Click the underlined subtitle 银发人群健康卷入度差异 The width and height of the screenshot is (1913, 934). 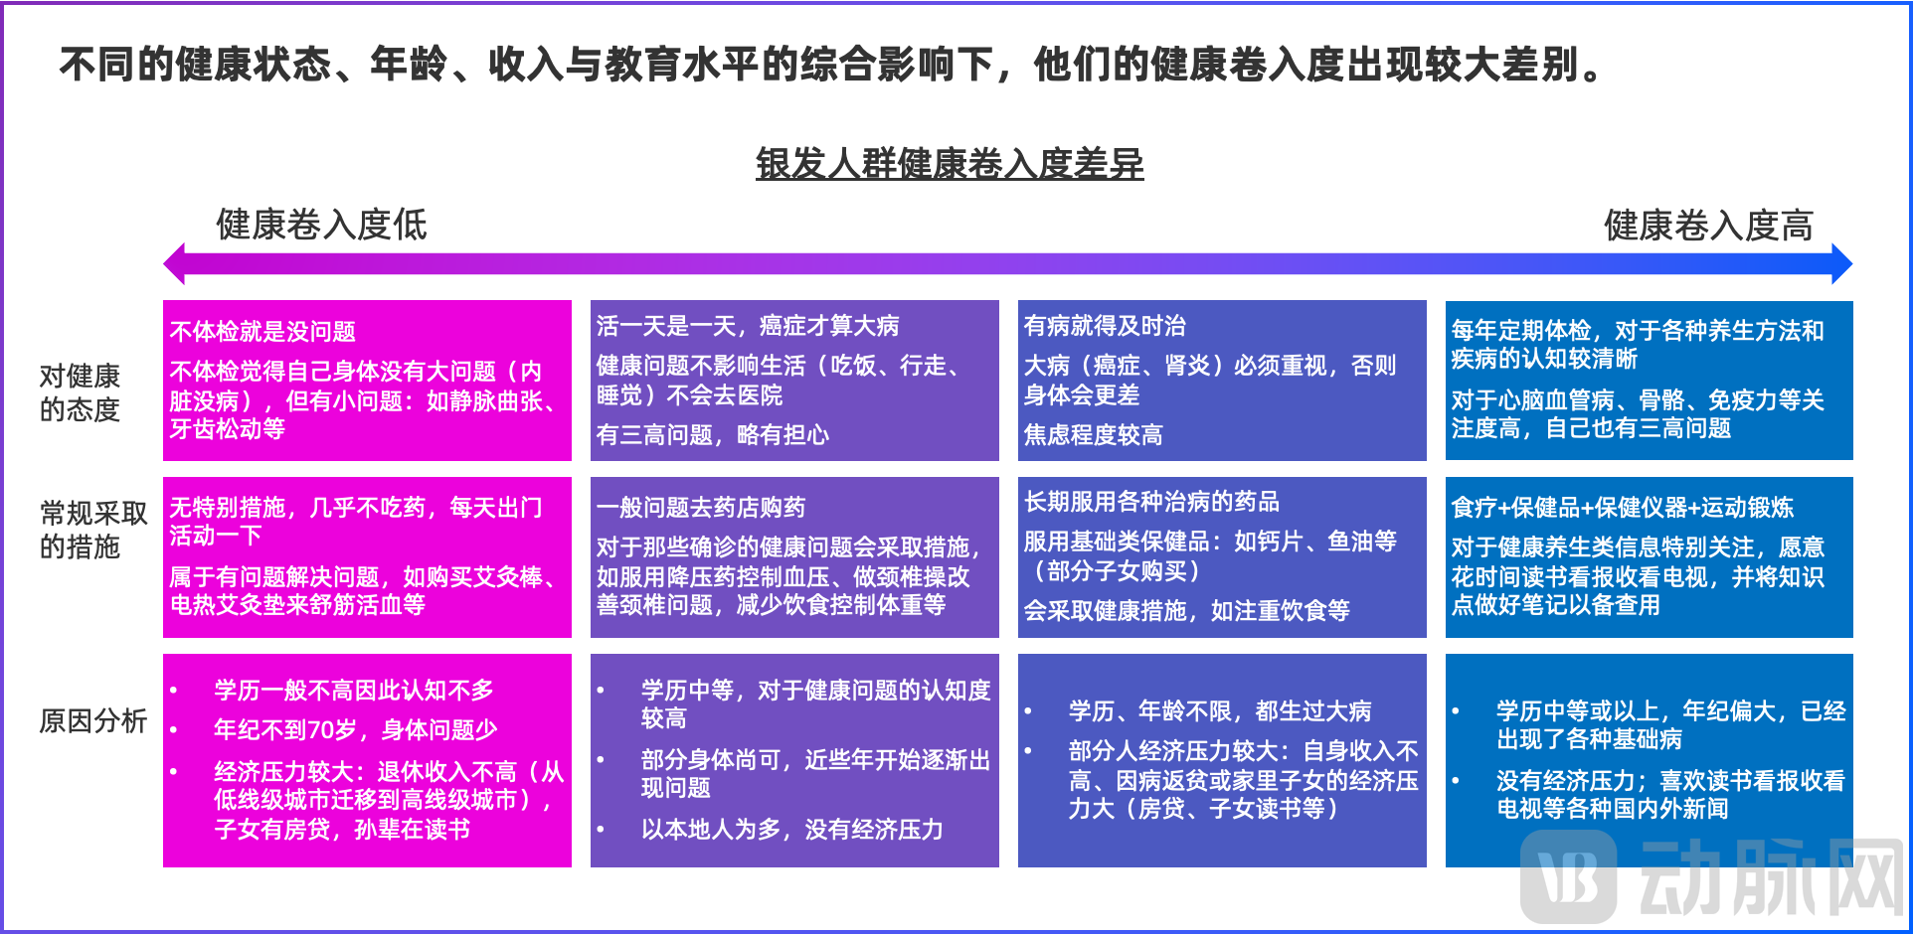point(950,164)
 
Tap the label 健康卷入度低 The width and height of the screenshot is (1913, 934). point(321,225)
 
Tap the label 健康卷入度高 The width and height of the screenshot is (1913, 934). point(1707,226)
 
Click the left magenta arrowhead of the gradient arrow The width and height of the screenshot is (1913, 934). point(175,264)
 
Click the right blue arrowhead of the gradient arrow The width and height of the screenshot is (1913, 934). point(1841,264)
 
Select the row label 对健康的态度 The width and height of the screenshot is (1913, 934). point(80,392)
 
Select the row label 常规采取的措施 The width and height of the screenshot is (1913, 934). point(92,530)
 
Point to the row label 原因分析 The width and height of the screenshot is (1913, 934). point(92,720)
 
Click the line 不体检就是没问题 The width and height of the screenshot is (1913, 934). point(262,331)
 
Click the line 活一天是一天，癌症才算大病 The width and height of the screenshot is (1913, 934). point(747,326)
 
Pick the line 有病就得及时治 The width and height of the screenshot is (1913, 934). point(1105,326)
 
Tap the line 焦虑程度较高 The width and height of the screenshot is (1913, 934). point(1093,434)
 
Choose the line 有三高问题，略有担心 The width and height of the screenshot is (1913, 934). point(712,434)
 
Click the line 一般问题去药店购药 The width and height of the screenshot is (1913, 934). point(701,508)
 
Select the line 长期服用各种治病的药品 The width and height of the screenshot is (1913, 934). point(1151,502)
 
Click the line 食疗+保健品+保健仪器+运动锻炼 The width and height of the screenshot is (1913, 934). point(1622,508)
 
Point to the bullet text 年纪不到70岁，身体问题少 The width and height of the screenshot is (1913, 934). point(355,730)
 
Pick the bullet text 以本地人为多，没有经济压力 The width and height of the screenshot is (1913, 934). point(791,830)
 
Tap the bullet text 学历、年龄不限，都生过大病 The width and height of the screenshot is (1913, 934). point(1219,711)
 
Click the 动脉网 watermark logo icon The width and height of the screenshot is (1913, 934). point(1568,876)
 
